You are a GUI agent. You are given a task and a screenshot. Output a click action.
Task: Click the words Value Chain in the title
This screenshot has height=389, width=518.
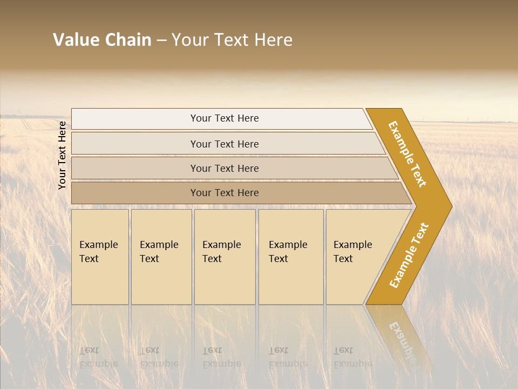pos(102,40)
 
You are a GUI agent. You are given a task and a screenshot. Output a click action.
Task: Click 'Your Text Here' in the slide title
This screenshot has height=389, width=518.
pos(232,40)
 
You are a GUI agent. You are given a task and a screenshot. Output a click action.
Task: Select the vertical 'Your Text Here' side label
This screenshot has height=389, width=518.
pos(62,155)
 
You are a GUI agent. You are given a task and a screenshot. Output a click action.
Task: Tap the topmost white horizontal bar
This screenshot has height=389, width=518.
pos(224,118)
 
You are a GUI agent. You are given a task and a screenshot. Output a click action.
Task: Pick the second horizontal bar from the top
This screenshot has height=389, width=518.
pos(224,144)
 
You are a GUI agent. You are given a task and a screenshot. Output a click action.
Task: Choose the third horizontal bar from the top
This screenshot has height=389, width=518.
pos(224,168)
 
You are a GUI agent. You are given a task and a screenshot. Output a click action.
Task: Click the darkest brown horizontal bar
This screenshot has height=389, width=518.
pos(224,193)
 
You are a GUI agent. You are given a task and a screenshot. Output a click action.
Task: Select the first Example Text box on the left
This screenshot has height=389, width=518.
pos(100,257)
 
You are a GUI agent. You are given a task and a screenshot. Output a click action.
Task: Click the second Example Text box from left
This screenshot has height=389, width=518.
pos(161,257)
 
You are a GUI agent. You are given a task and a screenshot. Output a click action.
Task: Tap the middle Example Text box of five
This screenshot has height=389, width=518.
pos(224,257)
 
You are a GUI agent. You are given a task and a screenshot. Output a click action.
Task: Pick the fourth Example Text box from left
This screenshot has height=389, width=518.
pos(291,257)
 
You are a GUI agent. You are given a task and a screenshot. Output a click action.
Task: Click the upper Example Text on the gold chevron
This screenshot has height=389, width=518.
pos(408,154)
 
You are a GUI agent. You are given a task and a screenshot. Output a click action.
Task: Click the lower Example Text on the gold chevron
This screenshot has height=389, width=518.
pos(409,255)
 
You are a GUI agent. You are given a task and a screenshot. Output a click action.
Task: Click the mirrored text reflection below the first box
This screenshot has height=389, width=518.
pos(98,357)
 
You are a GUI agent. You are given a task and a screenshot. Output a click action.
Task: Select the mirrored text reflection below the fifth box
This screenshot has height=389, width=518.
pos(352,357)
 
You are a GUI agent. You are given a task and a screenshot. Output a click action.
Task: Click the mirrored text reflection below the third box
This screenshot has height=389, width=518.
pos(221,357)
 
